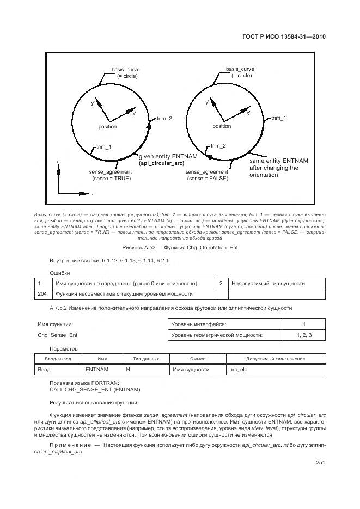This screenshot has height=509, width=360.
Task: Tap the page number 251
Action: pyautogui.click(x=320, y=463)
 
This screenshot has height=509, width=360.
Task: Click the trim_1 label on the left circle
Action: pyautogui.click(x=103, y=147)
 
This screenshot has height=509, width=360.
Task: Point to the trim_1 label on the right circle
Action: pyautogui.click(x=279, y=118)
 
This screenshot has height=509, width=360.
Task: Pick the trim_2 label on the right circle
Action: pyautogui.click(x=218, y=145)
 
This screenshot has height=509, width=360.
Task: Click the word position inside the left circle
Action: pyautogui.click(x=107, y=127)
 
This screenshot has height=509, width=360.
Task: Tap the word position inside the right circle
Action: pyautogui.click(x=222, y=126)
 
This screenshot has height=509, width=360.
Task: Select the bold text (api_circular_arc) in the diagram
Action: pyautogui.click(x=161, y=163)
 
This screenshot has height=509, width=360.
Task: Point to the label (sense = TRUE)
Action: pyautogui.click(x=111, y=179)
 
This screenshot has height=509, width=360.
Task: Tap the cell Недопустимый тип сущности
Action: pyautogui.click(x=268, y=283)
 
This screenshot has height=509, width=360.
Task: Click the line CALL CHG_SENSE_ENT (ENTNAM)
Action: pyautogui.click(x=95, y=390)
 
